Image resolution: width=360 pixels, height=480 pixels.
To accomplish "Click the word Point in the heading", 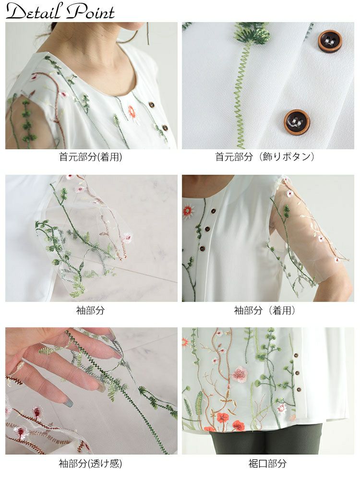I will [91, 12].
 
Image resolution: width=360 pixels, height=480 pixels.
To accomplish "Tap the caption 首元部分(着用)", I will [91, 157].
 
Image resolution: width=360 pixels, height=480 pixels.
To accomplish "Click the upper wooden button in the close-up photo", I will [330, 41].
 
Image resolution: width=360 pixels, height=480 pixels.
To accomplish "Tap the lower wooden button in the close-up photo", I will [297, 122].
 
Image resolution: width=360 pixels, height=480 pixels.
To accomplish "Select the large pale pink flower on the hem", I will [240, 374].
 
